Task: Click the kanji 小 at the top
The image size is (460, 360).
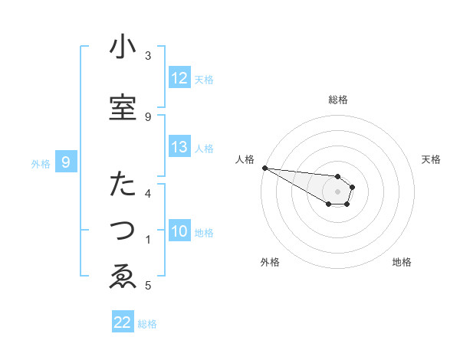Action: (x=123, y=47)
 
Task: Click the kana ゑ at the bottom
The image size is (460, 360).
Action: (x=123, y=277)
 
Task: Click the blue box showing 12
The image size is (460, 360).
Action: (x=179, y=78)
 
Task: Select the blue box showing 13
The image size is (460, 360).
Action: (x=179, y=147)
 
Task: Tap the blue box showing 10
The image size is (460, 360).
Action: (x=179, y=231)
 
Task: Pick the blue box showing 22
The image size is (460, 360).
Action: (x=123, y=322)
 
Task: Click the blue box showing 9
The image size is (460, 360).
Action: (x=66, y=162)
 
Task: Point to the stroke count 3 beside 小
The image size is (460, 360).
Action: (x=148, y=56)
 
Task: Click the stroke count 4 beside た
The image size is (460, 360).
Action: (x=148, y=193)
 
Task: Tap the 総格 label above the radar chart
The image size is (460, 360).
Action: (x=338, y=100)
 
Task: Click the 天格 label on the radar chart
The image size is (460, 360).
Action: (x=432, y=159)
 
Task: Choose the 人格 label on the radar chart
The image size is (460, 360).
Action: (x=245, y=159)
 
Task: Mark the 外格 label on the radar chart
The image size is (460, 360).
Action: (x=269, y=262)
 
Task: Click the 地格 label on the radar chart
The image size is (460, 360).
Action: (x=402, y=262)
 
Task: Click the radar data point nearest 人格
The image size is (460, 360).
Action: (x=264, y=168)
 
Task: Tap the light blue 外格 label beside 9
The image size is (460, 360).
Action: (x=41, y=163)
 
